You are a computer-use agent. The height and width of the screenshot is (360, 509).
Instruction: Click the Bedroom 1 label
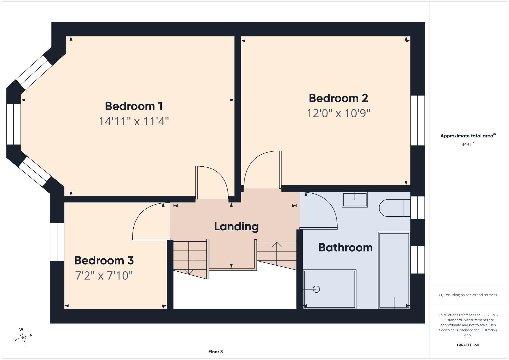134,106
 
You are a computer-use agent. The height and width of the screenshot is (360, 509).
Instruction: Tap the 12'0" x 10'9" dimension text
338,113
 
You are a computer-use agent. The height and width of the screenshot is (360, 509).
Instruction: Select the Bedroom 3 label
104,260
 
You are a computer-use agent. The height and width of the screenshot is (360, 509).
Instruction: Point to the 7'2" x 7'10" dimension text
104,276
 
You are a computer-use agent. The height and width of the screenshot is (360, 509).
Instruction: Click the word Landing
236,227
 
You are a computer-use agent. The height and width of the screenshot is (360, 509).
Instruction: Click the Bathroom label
346,247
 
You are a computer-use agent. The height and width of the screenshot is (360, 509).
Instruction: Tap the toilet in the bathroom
395,208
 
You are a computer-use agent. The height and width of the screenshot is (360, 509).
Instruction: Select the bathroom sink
355,200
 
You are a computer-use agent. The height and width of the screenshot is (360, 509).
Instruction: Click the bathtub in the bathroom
394,270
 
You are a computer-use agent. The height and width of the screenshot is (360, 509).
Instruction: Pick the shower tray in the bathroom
330,289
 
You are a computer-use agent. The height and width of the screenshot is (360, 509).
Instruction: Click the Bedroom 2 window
418,120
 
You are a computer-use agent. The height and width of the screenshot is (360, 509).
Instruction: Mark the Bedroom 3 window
57,242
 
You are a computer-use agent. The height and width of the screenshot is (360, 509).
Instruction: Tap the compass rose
23,337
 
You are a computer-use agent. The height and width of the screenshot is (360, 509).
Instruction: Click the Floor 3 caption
215,352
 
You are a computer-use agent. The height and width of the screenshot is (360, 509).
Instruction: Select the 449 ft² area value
468,144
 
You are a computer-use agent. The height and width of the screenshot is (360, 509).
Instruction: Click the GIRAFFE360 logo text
468,345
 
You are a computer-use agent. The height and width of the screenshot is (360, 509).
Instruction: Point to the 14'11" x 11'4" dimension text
134,121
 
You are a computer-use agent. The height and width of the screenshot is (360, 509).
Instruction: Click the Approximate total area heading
468,136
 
